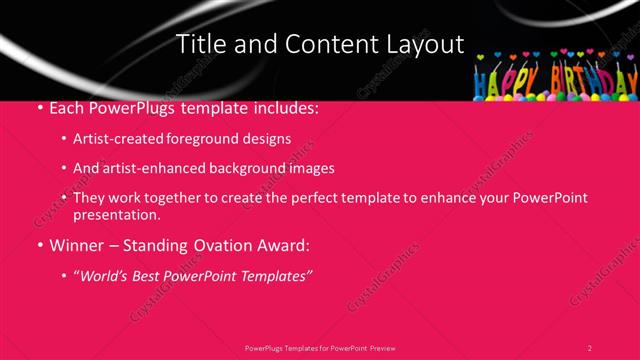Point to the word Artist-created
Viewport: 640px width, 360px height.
116,139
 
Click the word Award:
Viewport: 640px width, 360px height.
284,244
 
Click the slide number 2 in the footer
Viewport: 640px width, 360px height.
589,348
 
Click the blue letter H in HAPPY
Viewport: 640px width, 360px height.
481,88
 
